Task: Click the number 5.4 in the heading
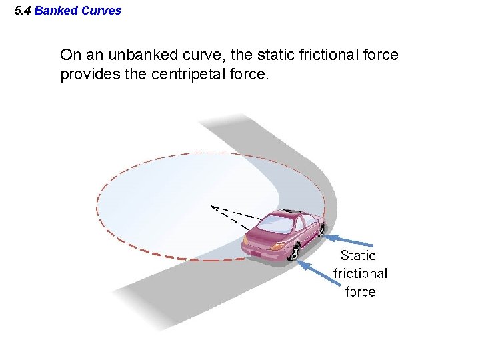point(23,11)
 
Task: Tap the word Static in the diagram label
point(358,255)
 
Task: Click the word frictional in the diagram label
point(360,273)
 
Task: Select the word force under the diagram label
point(360,291)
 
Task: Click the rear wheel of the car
point(295,253)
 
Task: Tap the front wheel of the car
point(321,229)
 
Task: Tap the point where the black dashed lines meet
point(211,207)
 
